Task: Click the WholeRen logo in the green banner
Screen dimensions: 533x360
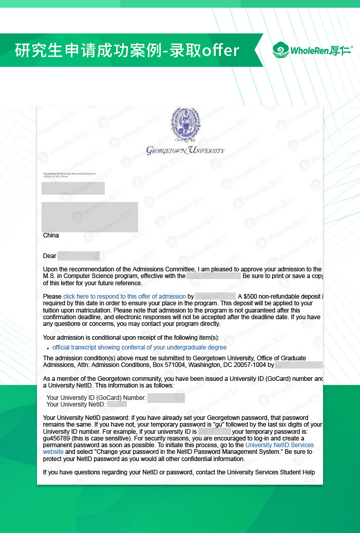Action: coord(312,50)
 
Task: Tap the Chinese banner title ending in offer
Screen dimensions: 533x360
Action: coord(127,50)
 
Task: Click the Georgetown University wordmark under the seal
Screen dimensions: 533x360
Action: coord(185,151)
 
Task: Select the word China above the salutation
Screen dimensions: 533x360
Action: coord(51,235)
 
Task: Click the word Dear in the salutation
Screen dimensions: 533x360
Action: coord(50,256)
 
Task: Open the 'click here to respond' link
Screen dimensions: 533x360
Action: coord(124,297)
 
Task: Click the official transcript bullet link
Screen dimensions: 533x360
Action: coord(139,347)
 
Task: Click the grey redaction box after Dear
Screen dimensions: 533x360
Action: coord(78,256)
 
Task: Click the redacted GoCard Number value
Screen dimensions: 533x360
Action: coord(166,398)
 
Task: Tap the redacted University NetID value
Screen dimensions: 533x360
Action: coord(117,405)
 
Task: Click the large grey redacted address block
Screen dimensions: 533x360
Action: coord(90,217)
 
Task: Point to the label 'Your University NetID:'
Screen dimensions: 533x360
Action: coord(75,405)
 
